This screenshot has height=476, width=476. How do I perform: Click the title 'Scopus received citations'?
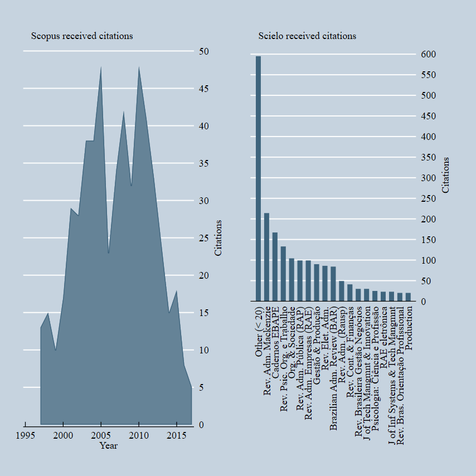pyautogui.click(x=82, y=36)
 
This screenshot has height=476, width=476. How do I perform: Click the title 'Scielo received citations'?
pyautogui.click(x=307, y=36)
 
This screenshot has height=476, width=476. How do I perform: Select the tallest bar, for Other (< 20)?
pyautogui.click(x=258, y=178)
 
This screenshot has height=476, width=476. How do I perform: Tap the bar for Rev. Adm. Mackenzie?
pyautogui.click(x=266, y=257)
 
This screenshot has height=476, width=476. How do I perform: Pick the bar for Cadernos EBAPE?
pyautogui.click(x=275, y=266)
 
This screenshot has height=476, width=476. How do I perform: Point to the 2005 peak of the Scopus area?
pyautogui.click(x=101, y=67)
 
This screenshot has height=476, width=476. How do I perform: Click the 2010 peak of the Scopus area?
pyautogui.click(x=139, y=67)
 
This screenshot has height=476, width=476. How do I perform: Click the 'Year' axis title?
pyautogui.click(x=108, y=445)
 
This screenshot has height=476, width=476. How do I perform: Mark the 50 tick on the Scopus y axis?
pyautogui.click(x=204, y=51)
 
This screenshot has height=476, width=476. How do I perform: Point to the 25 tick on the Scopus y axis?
pyautogui.click(x=204, y=238)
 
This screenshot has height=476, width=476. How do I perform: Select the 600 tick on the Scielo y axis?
pyautogui.click(x=429, y=55)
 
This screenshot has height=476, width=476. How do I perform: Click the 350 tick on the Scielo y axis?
pyautogui.click(x=429, y=158)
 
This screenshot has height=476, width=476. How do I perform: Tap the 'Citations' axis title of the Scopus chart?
pyautogui.click(x=218, y=238)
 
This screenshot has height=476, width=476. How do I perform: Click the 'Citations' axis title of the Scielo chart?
pyautogui.click(x=445, y=175)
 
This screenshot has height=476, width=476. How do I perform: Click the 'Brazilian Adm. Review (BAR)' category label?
pyautogui.click(x=333, y=368)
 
